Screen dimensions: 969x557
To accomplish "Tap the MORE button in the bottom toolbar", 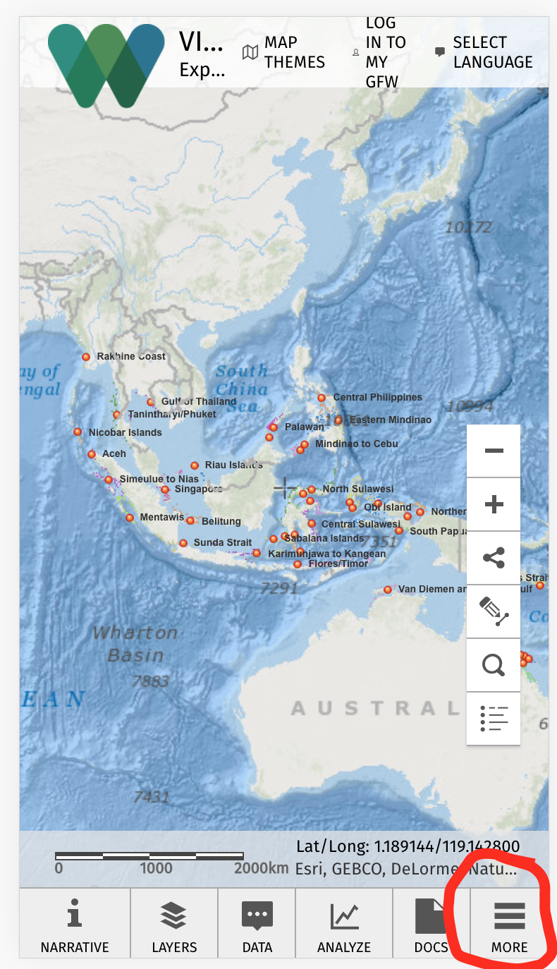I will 509,924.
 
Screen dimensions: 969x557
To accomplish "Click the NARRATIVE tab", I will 75,924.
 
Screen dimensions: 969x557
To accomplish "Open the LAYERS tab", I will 174,924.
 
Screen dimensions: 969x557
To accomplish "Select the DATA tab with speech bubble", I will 257,924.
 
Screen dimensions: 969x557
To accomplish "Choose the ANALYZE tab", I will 344,924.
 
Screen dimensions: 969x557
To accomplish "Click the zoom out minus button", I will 494,451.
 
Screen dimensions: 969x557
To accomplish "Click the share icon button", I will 494,558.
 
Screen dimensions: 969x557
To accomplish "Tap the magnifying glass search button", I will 494,665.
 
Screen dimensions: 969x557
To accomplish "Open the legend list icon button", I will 494,719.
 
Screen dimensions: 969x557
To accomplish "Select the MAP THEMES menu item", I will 285,52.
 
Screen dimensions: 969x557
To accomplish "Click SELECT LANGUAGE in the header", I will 484,52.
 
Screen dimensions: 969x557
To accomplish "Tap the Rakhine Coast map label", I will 131,356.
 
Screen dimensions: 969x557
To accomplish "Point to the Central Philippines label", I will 377,397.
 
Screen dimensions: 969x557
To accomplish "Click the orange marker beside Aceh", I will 92,454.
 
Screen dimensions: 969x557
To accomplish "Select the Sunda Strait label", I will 222,542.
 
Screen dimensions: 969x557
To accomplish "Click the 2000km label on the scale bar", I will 261,868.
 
